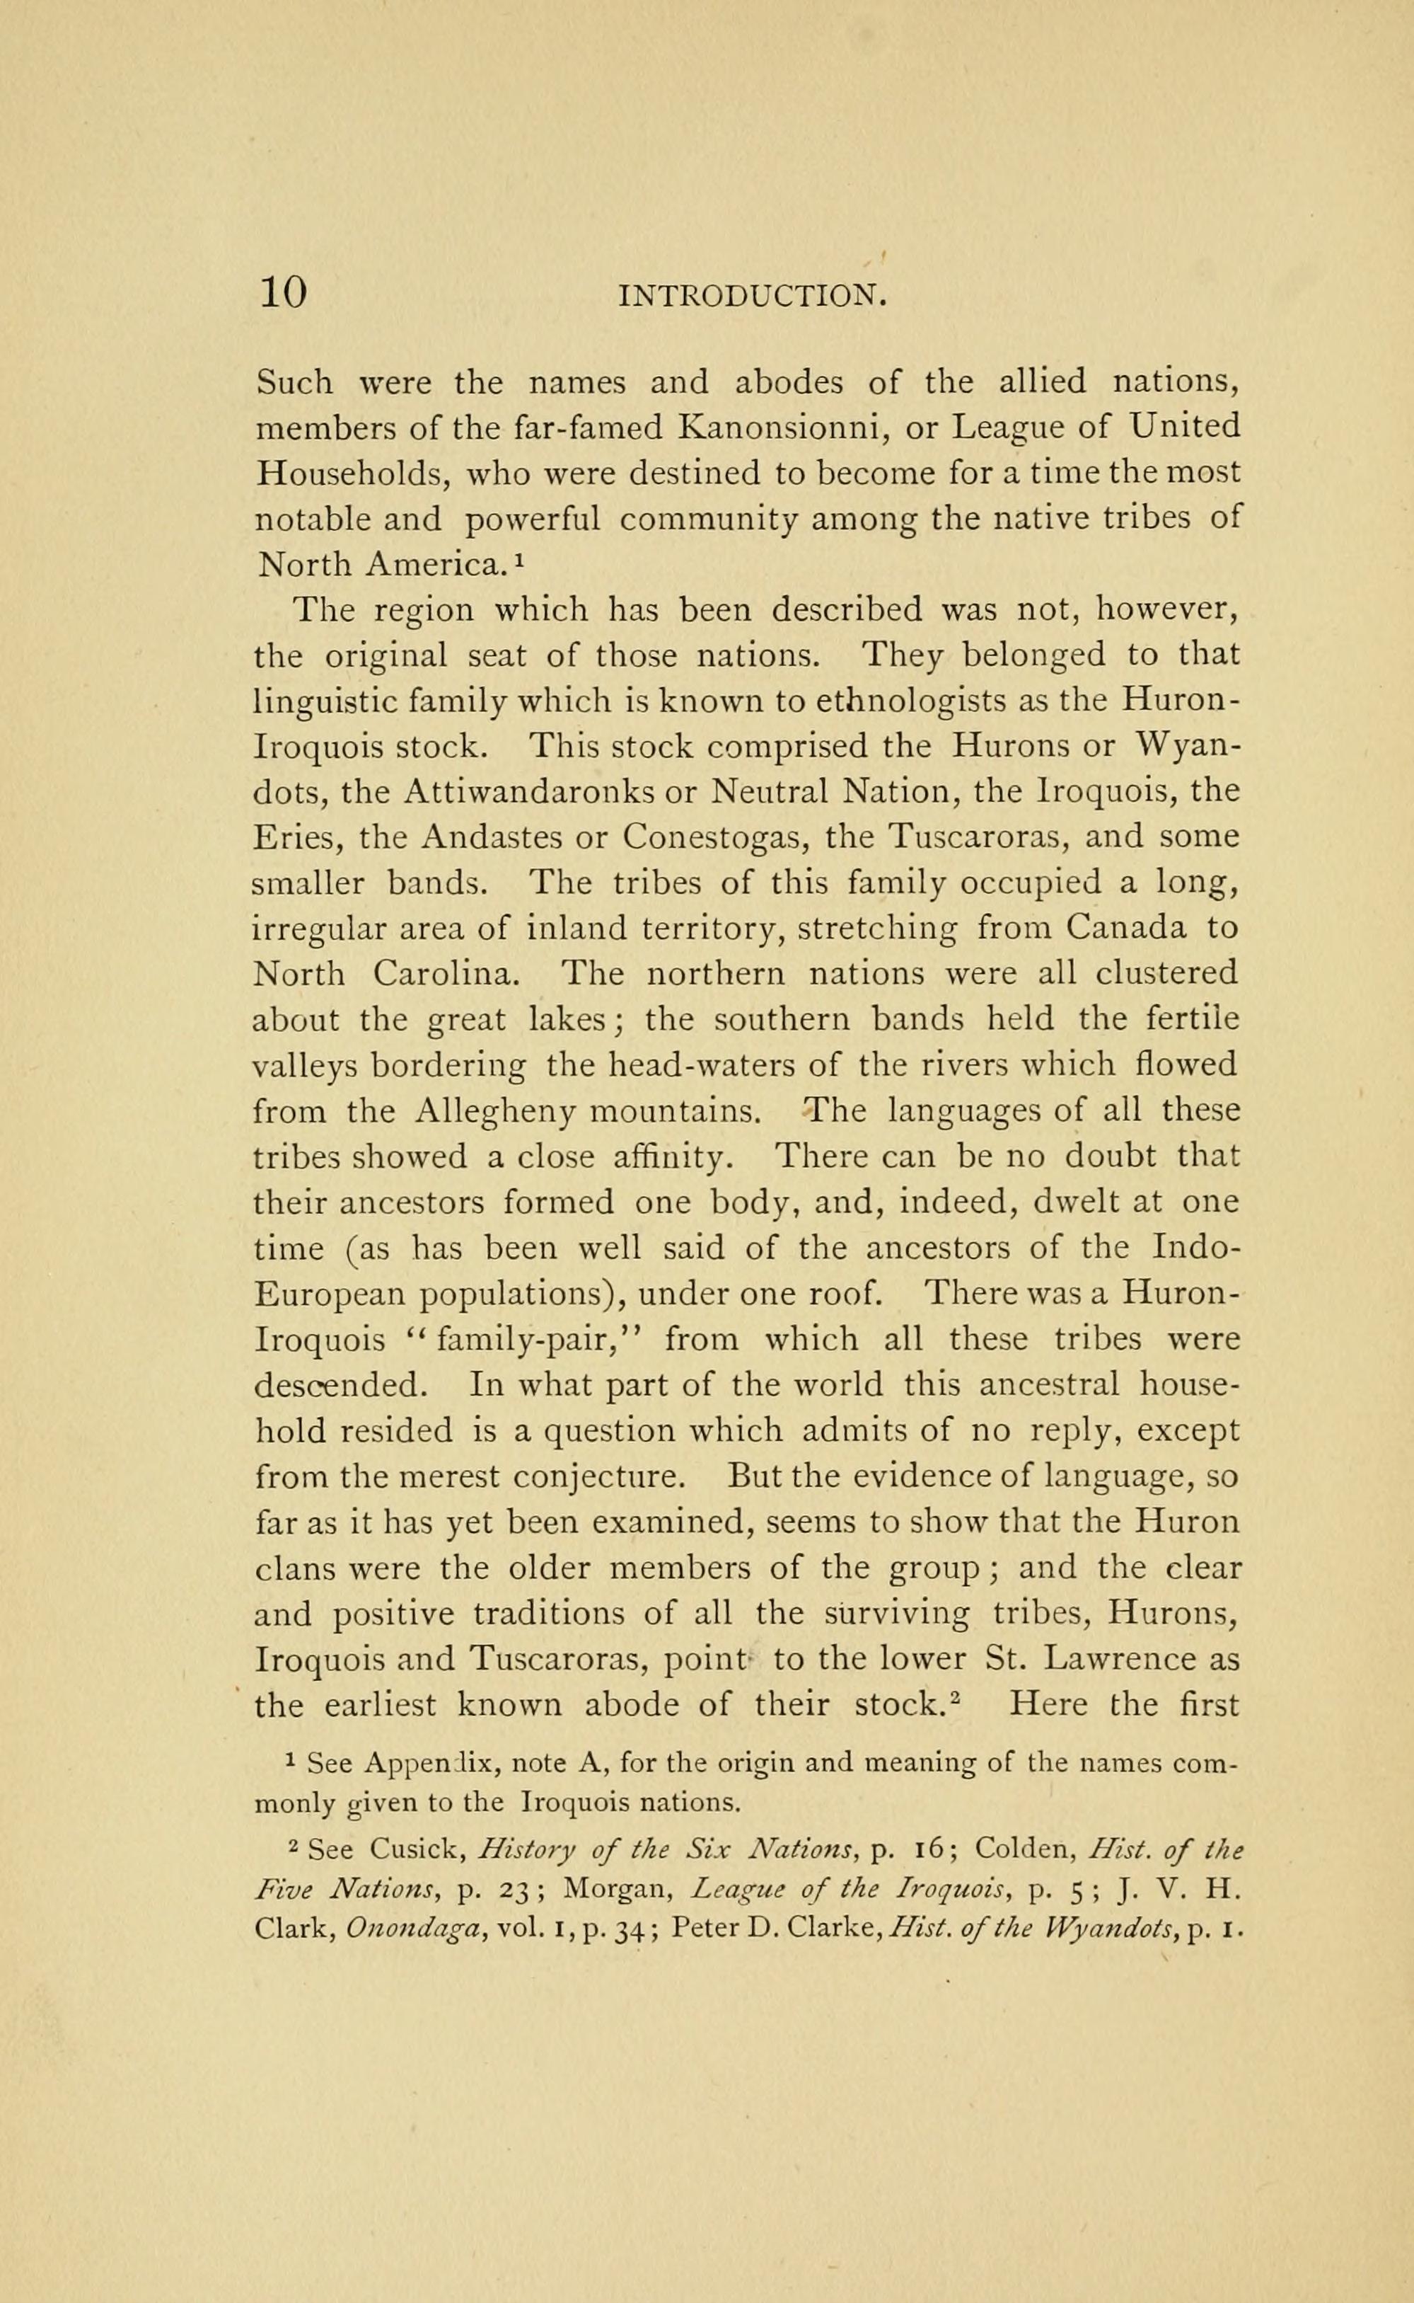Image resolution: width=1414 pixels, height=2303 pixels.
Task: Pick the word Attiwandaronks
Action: tap(529, 792)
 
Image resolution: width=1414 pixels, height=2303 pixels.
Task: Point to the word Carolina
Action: tap(444, 975)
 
